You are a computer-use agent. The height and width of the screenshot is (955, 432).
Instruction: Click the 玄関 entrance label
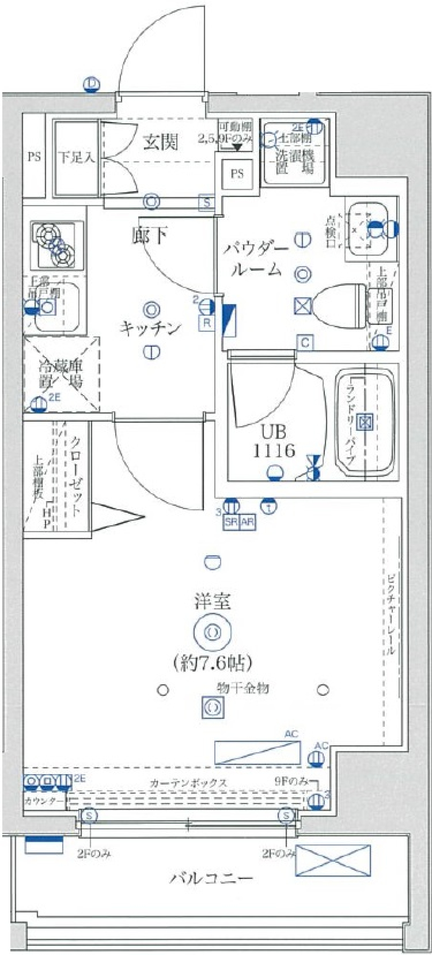point(161,142)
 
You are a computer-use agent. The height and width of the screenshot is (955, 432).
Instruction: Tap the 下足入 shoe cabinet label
point(76,157)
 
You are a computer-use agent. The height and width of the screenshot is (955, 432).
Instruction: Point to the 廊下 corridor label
point(150,235)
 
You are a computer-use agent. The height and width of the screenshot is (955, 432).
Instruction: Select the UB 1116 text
point(273,441)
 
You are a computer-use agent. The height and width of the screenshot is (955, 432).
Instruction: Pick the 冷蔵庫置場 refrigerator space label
point(61,374)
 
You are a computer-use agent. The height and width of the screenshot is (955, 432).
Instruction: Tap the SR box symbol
point(231,523)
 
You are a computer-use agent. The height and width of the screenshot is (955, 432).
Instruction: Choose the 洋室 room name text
point(213,602)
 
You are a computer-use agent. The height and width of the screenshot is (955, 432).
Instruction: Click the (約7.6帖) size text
point(212,663)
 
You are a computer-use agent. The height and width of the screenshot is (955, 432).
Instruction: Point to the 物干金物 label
point(243,688)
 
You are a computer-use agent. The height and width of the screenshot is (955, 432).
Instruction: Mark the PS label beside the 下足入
point(34,157)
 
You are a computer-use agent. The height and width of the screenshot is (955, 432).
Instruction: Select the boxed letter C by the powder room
point(305,343)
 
